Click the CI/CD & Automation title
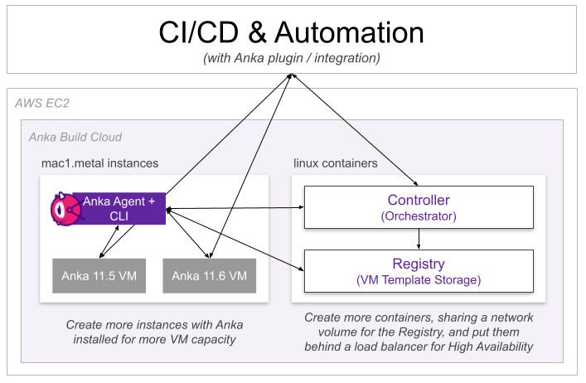pyautogui.click(x=291, y=32)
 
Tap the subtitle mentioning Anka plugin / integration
pyautogui.click(x=291, y=59)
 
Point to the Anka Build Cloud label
pyautogui.click(x=75, y=137)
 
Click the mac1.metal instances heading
pyautogui.click(x=99, y=163)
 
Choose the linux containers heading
pyautogui.click(x=336, y=163)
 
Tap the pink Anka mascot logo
pyautogui.click(x=63, y=208)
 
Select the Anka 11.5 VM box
pyautogui.click(x=99, y=275)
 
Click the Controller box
pyautogui.click(x=419, y=207)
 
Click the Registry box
pyautogui.click(x=419, y=270)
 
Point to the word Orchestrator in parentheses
pyautogui.click(x=419, y=216)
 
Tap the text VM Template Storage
pyautogui.click(x=419, y=279)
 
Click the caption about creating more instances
pyautogui.click(x=154, y=332)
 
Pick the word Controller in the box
pyautogui.click(x=419, y=200)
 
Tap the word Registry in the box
pyautogui.click(x=419, y=263)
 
